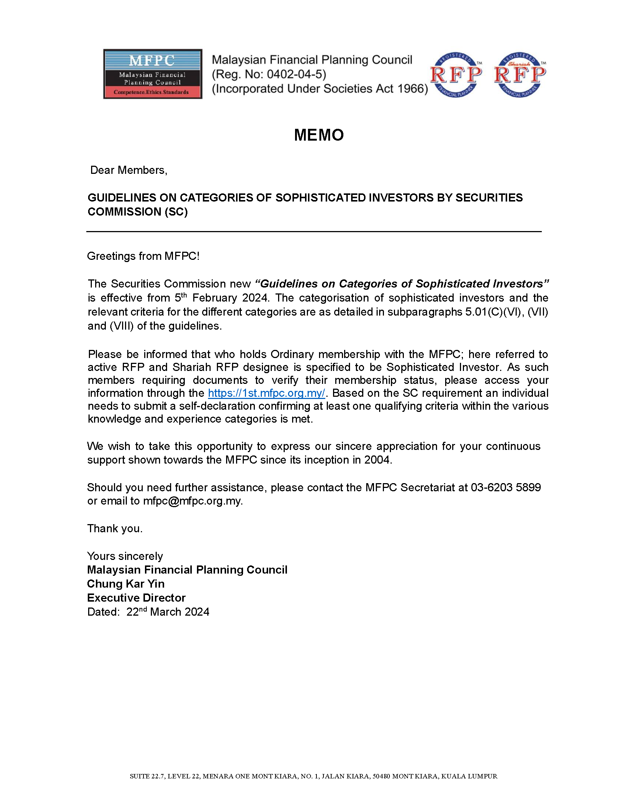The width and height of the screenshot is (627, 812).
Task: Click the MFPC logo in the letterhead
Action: tap(153, 74)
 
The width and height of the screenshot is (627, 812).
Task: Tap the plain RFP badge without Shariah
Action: tap(456, 75)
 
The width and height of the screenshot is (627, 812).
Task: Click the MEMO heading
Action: tap(319, 135)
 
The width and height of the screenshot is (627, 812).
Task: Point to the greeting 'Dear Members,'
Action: tap(129, 170)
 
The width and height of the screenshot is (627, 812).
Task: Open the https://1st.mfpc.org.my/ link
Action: tap(266, 393)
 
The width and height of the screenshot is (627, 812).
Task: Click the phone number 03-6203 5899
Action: tap(506, 487)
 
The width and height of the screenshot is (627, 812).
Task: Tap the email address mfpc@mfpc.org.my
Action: tap(192, 501)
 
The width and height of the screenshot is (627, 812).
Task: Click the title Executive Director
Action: tap(136, 598)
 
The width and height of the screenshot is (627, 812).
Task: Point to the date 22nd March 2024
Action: tap(167, 612)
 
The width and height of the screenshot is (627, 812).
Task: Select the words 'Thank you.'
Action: tap(115, 528)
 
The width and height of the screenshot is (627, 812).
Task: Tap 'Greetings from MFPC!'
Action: tap(143, 256)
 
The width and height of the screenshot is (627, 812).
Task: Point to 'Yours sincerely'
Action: tap(125, 556)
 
